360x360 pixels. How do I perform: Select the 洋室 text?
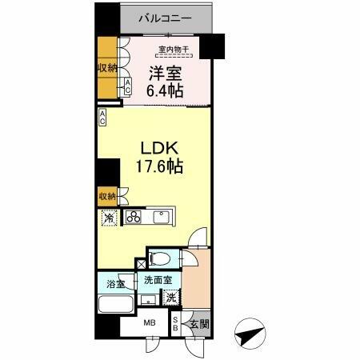coord(165,74)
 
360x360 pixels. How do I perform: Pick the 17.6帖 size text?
coord(154,168)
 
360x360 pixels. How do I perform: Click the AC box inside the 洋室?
coord(128,87)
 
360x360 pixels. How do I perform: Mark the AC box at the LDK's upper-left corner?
coord(104,117)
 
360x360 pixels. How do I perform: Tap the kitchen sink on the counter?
coord(162,216)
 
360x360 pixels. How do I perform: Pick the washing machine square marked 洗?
coord(170,297)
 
